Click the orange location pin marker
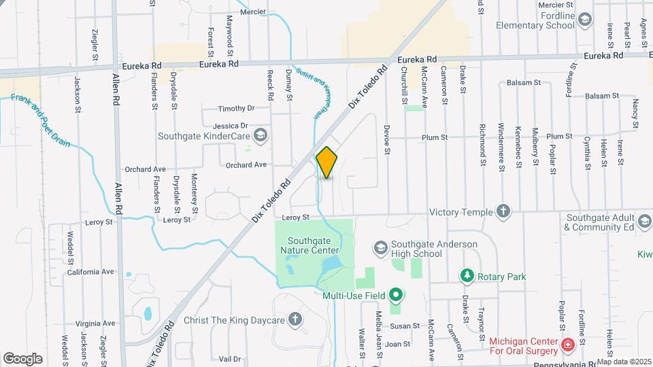coord(327,162)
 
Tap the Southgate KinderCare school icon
coord(261,136)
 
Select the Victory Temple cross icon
coord(503,211)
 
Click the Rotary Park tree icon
coord(467,276)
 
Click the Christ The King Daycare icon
coord(295,319)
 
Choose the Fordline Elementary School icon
coord(584,20)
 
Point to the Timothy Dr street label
coord(236,109)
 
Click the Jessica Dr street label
coord(231,126)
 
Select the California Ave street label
coord(90,272)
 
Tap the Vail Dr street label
coord(230,359)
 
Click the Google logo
coord(23,358)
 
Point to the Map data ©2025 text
coord(624,362)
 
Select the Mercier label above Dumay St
coord(253,12)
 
